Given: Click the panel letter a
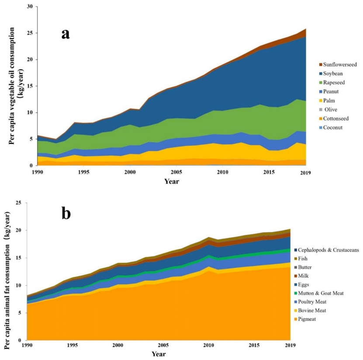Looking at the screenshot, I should click(66, 33).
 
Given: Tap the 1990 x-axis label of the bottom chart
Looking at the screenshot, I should click(27, 346).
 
